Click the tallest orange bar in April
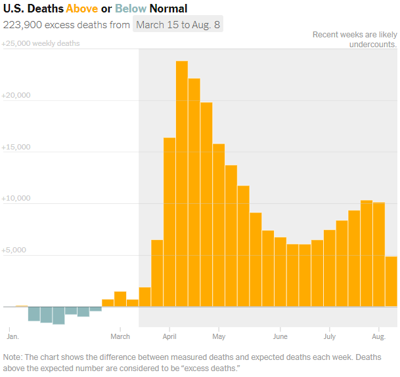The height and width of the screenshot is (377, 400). coord(182,184)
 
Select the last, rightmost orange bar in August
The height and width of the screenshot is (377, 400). coord(391,281)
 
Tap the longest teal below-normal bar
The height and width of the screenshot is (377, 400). coord(58,315)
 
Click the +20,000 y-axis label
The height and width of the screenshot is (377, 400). coord(16,95)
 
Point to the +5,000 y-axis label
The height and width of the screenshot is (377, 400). coord(14,250)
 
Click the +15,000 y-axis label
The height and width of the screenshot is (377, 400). coord(16,147)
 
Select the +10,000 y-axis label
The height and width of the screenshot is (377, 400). coord(16,198)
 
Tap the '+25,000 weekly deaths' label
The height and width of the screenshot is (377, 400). coord(41,43)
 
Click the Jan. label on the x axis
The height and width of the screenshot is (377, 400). coord(12,336)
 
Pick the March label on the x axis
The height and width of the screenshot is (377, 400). coord(120,336)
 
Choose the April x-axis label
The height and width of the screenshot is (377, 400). coord(169,336)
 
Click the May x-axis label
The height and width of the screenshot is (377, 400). coord(219,336)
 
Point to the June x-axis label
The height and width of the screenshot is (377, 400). coord(280,336)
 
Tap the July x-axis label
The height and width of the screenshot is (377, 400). coord(330,336)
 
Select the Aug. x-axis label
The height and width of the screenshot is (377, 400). coord(379,336)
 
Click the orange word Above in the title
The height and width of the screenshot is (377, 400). coord(81,9)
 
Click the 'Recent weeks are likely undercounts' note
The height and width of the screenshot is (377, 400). coord(355,39)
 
